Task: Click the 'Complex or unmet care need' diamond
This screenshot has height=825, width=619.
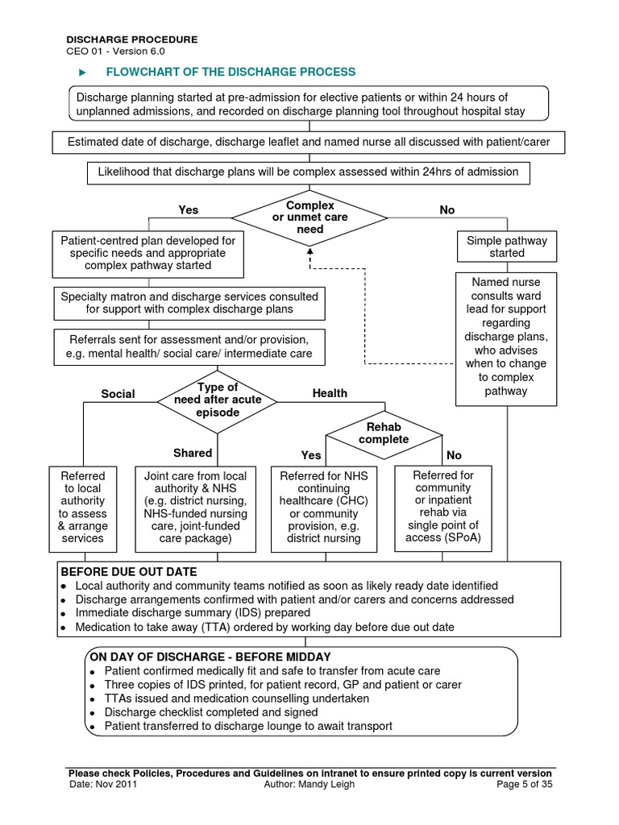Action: coord(309,218)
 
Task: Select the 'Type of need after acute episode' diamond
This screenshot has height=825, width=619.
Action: coord(218,400)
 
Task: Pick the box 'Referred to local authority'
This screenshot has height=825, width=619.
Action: coord(82,507)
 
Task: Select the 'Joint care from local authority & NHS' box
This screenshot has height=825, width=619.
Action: coord(195,507)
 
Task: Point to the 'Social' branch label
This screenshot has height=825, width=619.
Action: coord(118,394)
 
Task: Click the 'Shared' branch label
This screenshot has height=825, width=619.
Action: coord(193,453)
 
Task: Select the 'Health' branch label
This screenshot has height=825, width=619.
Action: coord(330,393)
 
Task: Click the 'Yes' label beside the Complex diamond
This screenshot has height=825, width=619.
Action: coord(188,209)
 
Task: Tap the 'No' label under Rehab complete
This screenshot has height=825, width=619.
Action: coord(454,455)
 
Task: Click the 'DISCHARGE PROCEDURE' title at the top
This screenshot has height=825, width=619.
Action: coord(131,39)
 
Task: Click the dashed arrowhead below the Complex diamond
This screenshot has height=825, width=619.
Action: coord(309,251)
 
